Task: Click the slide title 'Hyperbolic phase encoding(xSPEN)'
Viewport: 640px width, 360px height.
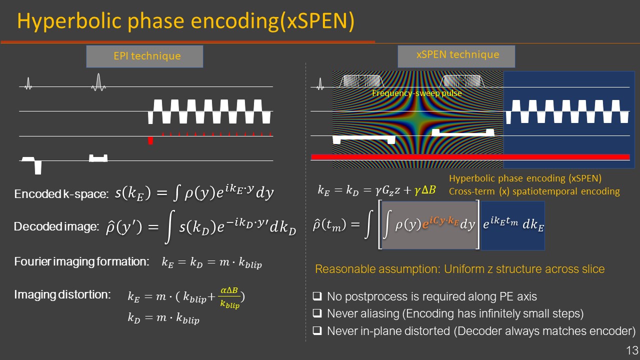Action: [x=185, y=21]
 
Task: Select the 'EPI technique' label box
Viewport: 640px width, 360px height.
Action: [x=145, y=56]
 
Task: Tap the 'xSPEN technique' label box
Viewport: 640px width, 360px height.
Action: [x=456, y=55]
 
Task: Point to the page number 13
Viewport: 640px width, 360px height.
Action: [x=631, y=349]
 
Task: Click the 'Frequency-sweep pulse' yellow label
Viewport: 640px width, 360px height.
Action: [x=417, y=93]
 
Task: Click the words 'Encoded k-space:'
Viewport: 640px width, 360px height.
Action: [x=61, y=194]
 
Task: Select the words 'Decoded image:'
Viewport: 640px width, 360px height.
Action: [x=56, y=226]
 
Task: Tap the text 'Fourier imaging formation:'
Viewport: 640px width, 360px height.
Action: [x=81, y=261]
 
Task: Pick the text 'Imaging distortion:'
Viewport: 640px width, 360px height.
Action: [x=62, y=294]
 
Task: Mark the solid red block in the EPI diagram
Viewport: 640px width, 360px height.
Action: [x=150, y=141]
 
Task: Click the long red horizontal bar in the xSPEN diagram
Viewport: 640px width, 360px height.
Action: [x=470, y=157]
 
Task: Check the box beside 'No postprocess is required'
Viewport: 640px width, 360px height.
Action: [x=317, y=297]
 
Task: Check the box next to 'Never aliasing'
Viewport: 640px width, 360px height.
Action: [x=317, y=314]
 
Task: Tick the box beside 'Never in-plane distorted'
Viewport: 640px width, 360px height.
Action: [x=317, y=331]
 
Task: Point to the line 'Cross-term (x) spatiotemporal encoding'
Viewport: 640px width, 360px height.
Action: [x=534, y=191]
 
